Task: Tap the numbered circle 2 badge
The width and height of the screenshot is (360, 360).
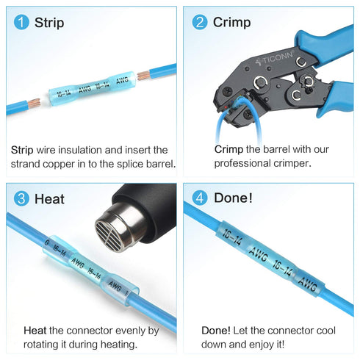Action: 200,22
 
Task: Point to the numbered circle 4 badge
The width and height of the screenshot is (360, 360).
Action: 200,198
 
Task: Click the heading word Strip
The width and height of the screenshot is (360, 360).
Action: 49,23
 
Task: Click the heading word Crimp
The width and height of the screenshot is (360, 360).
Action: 231,23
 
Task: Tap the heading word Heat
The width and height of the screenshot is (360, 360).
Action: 48,199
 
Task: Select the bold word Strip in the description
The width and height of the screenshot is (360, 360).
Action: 23,149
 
